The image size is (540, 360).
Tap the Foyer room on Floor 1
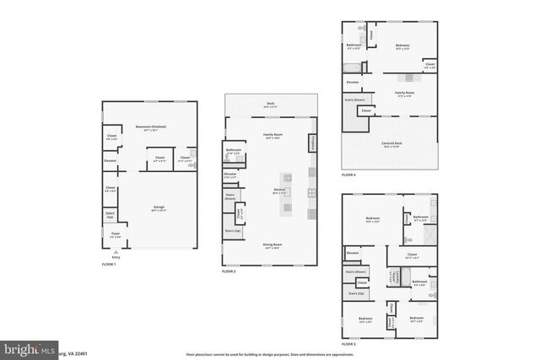[116, 237]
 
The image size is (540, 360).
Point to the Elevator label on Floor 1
[111, 160]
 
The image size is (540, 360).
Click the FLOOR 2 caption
[228, 271]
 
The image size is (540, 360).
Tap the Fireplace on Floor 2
[313, 143]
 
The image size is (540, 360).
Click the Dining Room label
[272, 247]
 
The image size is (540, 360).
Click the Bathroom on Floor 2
[234, 153]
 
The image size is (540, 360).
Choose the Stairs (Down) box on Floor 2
[229, 196]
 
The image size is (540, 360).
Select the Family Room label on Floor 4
[404, 93]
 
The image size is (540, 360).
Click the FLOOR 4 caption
[348, 175]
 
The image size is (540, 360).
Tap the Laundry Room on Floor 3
[390, 278]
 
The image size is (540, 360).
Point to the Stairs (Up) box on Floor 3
[356, 293]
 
